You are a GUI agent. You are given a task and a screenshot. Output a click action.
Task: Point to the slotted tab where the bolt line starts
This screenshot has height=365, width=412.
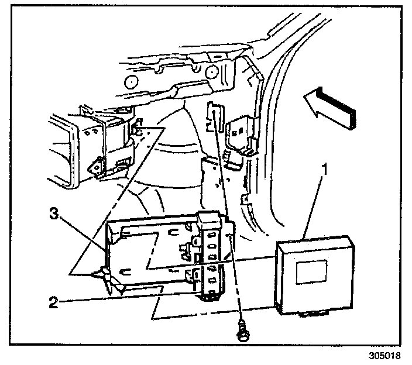(214, 114)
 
